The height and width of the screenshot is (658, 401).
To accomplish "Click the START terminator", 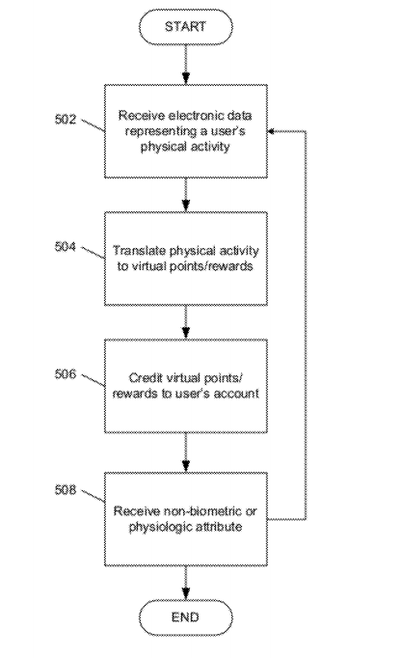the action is click(185, 27).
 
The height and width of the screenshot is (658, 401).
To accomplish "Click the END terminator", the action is click(185, 617).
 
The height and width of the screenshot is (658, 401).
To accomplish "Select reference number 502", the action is click(66, 120).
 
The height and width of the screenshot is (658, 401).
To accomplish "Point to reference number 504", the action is click(66, 246).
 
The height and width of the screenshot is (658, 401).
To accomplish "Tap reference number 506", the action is click(66, 374).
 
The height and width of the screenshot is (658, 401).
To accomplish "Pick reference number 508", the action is click(66, 490).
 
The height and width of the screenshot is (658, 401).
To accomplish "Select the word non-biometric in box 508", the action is click(202, 511).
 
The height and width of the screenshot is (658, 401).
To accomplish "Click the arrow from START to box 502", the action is click(186, 65).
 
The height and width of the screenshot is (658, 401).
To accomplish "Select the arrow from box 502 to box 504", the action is click(186, 195).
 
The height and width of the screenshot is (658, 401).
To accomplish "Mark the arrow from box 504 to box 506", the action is click(186, 322).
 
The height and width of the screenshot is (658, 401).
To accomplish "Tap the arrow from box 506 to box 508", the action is click(186, 452).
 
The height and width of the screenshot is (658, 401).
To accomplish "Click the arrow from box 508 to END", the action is click(186, 583).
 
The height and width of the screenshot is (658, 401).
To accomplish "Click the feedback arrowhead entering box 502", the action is click(271, 131).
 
